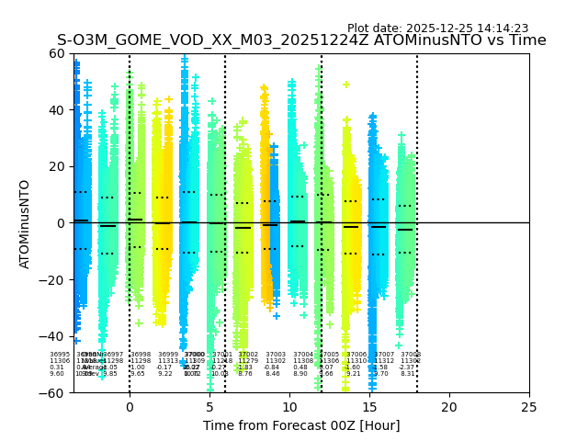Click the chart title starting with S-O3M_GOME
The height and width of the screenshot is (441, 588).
[x=301, y=40]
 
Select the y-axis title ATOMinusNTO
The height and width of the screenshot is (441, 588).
[x=25, y=223]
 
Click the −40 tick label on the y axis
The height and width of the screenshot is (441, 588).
[x=52, y=336]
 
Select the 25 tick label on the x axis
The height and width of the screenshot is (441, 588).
[x=529, y=407]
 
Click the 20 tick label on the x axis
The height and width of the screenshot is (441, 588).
[x=449, y=407]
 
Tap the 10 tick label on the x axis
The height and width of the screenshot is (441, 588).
[x=289, y=407]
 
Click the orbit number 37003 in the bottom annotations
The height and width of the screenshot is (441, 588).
[x=276, y=355]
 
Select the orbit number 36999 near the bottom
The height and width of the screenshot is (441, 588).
[x=168, y=355]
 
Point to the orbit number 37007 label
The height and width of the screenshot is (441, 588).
[x=384, y=355]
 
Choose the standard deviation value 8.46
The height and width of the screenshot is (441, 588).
[x=273, y=374]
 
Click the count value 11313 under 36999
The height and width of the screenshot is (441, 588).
[x=168, y=361]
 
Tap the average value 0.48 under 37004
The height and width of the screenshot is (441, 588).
[x=300, y=367]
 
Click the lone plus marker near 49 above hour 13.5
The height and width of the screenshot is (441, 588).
[x=346, y=85]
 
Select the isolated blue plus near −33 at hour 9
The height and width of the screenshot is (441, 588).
[x=277, y=316]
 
